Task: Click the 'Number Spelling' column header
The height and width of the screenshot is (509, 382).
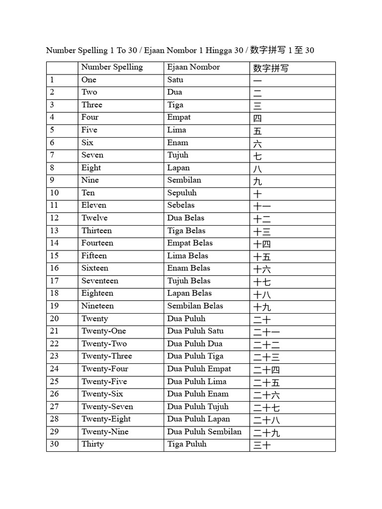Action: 112,67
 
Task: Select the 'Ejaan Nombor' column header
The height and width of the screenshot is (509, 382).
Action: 193,67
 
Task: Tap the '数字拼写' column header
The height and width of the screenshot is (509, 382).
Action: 271,68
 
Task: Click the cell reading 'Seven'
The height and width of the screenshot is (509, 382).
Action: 93,155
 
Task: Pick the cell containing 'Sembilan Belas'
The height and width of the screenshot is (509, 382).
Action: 195,306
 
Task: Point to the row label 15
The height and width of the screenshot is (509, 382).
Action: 54,255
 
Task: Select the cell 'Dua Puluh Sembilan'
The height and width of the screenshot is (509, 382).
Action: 204,431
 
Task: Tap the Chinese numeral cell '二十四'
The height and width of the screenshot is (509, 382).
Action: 267,370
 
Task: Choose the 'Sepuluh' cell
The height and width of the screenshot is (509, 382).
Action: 182,193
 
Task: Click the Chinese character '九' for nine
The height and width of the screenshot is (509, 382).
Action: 258,181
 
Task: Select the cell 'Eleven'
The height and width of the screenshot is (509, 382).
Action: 94,205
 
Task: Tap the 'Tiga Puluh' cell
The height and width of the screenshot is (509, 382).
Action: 187,444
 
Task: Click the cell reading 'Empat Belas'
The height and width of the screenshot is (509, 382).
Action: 190,243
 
